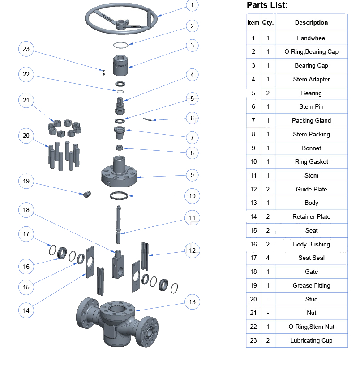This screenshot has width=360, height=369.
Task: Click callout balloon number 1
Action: tap(192, 6)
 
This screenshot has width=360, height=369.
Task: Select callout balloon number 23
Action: tap(26, 49)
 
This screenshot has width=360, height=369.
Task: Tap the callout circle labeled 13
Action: tap(192, 302)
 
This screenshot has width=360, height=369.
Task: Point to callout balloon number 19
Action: tap(26, 181)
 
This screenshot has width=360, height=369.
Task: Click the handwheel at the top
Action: tap(121, 18)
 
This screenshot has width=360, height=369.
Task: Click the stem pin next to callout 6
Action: tap(149, 119)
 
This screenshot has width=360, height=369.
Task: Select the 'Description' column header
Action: tap(311, 22)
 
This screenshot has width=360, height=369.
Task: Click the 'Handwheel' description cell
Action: tap(311, 38)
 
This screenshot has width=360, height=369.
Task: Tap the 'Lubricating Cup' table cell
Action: tap(311, 340)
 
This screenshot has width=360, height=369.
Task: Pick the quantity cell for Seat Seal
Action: tap(268, 258)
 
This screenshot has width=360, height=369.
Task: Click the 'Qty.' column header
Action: tap(268, 22)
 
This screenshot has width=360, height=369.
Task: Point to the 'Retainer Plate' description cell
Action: tap(311, 216)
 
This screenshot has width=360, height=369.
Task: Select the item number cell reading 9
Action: tap(253, 148)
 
